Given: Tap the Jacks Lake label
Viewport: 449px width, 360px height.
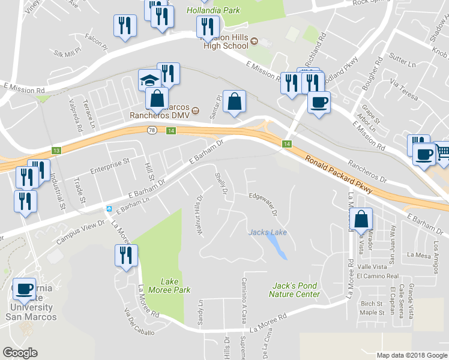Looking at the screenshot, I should [268, 232].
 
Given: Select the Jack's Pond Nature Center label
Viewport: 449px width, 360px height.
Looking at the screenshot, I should [294, 290].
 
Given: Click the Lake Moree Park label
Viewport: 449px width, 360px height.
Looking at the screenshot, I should [176, 286].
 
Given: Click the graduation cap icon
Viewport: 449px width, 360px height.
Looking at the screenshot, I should [149, 80].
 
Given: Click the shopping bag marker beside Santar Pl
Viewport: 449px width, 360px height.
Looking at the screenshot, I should [234, 101].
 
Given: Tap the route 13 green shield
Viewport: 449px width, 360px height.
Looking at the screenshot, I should [56, 150].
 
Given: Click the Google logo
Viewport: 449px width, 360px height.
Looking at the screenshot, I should [20, 353].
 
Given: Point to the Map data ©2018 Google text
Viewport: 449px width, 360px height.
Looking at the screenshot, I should [412, 355].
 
